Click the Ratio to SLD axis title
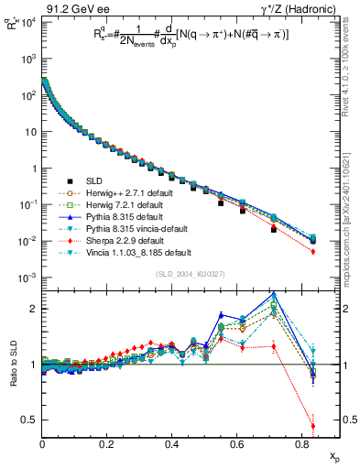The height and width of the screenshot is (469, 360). [x=12, y=365]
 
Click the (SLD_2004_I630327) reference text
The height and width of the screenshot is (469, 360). [x=188, y=274]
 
